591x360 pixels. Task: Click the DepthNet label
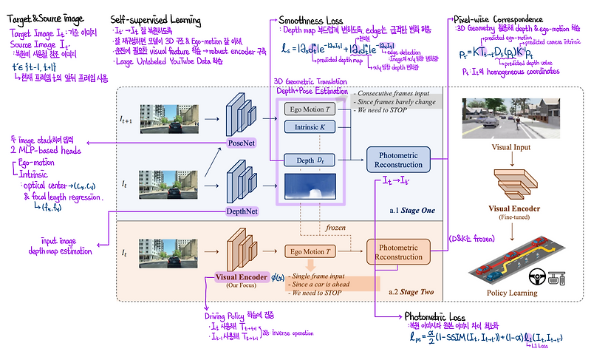[x=241, y=211]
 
